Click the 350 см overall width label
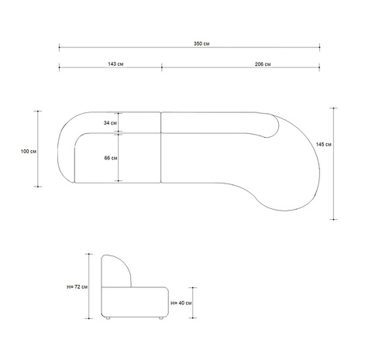tap(201, 43)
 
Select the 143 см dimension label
tap(115, 63)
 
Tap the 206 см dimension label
tap(263, 64)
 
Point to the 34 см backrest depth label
tap(110, 123)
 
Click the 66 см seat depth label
tap(111, 158)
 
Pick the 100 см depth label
tap(29, 151)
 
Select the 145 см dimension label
tap(324, 144)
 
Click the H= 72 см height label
tap(77, 286)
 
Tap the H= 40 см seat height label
tap(181, 303)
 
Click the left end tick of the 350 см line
tap(59, 47)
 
